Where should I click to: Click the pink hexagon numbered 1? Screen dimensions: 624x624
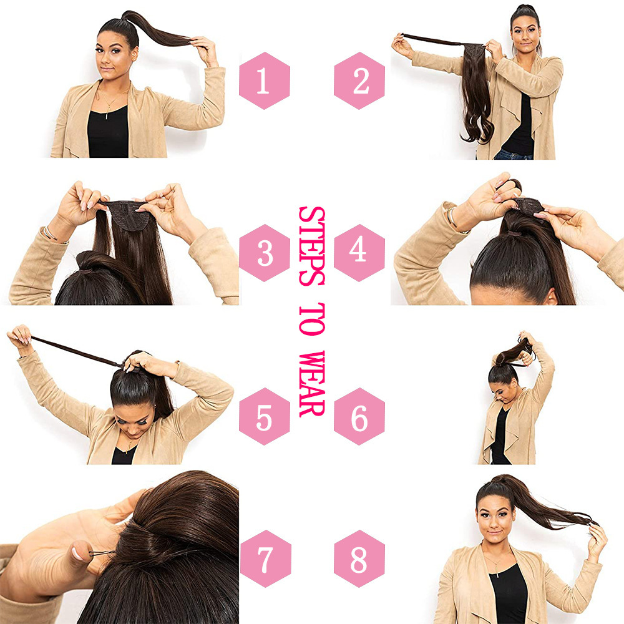pyautogui.click(x=264, y=81)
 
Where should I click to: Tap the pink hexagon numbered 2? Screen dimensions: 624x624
pyautogui.click(x=359, y=81)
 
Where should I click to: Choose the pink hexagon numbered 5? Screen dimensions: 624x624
pyautogui.click(x=264, y=417)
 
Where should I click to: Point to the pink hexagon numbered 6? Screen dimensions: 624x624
pyautogui.click(x=359, y=417)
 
